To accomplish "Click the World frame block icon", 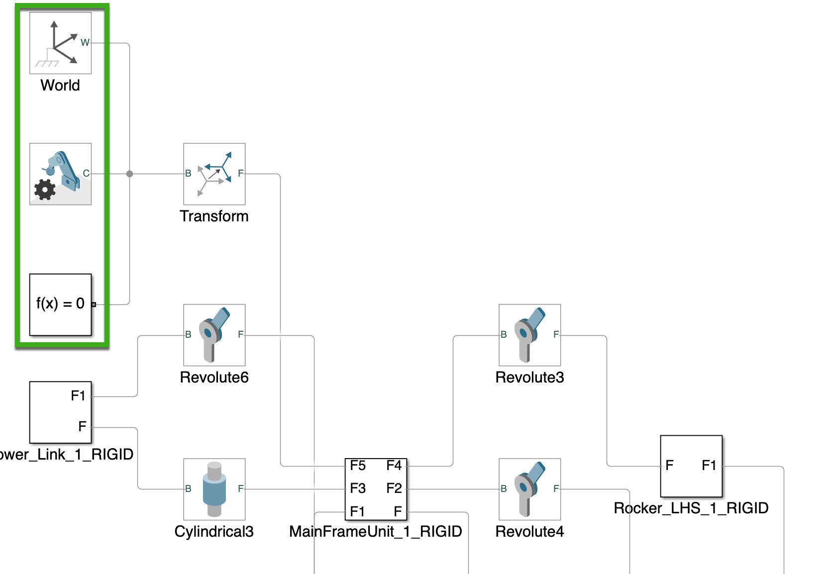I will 60,43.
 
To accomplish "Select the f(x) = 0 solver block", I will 60,304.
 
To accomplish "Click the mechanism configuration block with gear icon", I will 60,174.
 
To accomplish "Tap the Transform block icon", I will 214,174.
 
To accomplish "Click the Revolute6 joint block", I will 214,335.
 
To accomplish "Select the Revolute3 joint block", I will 529,335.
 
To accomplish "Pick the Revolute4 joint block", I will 529,489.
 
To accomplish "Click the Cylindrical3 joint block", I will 214,489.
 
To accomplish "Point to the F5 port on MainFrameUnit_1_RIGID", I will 357,466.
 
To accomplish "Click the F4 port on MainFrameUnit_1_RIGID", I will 394,466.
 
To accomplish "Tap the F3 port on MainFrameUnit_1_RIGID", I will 357,488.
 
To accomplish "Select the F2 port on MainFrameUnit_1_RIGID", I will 394,488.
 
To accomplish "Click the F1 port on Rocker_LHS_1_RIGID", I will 709,466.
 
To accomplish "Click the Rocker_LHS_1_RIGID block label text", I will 691,508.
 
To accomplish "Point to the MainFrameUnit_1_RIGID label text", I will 375,531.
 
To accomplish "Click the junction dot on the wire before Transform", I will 130,174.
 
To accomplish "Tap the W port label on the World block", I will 85,43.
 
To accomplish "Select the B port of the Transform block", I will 188,174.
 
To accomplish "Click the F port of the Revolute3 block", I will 556,335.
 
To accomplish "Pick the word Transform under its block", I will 214,216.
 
